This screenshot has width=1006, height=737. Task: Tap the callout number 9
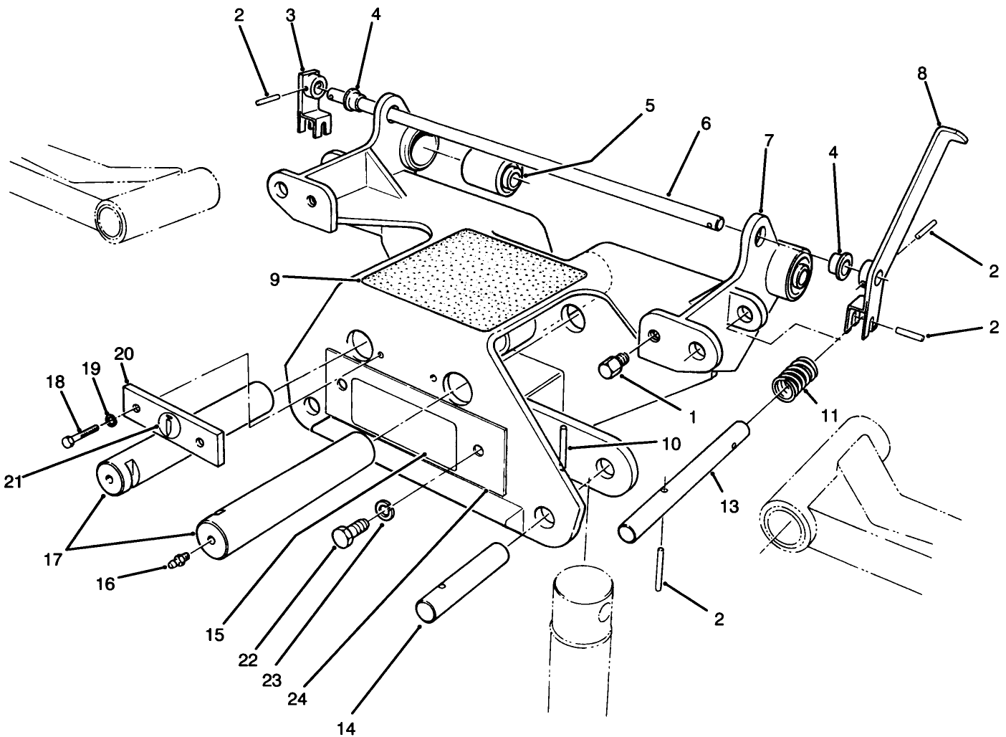point(274,280)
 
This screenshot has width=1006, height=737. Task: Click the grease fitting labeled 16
point(178,560)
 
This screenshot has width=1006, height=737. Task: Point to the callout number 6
point(705,123)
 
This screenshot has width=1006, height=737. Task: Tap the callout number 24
point(297,698)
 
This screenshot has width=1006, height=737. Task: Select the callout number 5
point(648,106)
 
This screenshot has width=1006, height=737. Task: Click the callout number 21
point(15,482)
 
